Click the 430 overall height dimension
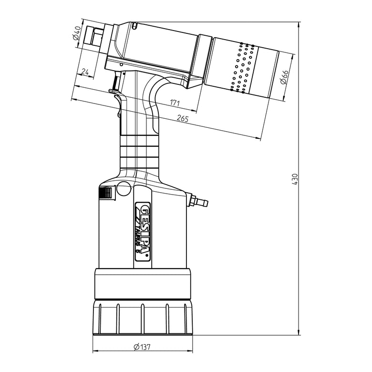295,179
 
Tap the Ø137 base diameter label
142,347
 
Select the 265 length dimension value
183,118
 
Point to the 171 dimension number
175,103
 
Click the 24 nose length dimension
85,72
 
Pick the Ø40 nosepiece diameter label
77,33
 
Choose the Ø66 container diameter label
284,77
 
